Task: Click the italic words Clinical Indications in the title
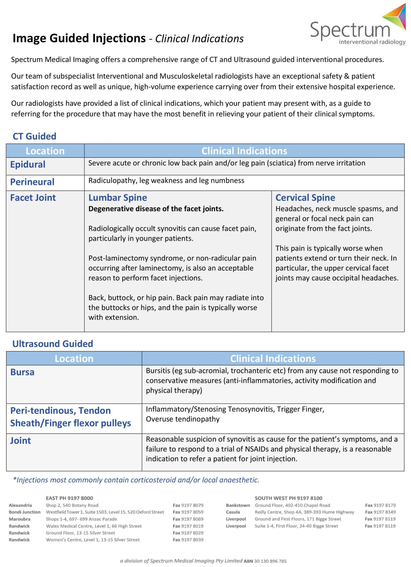click(199, 39)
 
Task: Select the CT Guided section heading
click(35, 136)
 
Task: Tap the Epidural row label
click(28, 165)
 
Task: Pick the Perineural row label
click(32, 182)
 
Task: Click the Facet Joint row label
click(33, 198)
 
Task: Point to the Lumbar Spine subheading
click(118, 198)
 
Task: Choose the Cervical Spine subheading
click(305, 198)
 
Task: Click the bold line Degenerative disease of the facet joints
click(156, 209)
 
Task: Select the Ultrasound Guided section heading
click(53, 344)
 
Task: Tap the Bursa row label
click(22, 372)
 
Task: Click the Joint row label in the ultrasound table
click(21, 441)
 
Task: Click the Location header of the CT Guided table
click(45, 151)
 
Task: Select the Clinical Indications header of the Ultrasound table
click(273, 359)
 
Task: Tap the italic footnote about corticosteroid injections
click(136, 480)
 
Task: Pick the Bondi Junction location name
click(25, 512)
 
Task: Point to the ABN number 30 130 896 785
click(270, 561)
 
